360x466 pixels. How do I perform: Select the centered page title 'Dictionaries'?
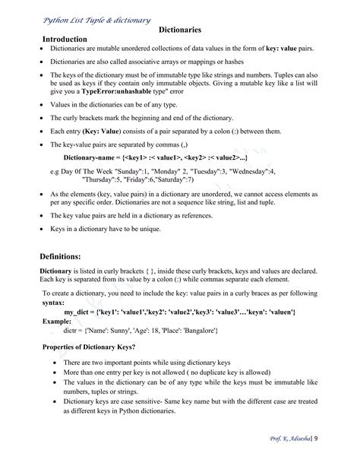click(x=180, y=30)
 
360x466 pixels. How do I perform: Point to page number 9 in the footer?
click(x=317, y=439)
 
